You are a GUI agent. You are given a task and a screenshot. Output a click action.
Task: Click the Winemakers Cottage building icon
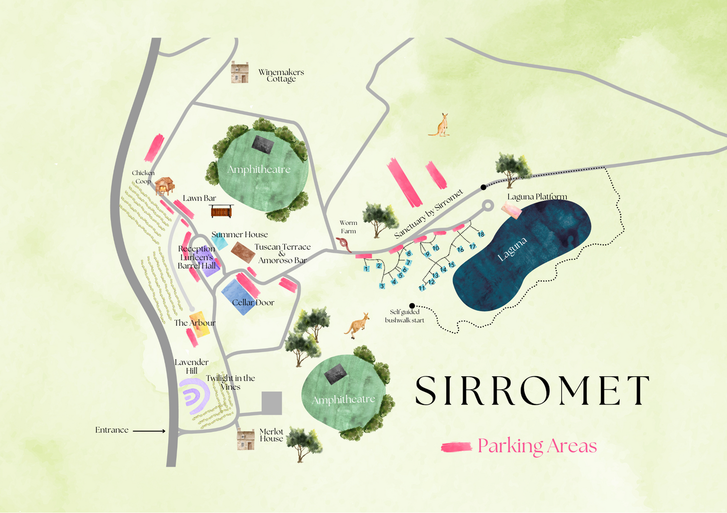239,72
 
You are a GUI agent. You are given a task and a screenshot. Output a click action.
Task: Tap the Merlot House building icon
246,440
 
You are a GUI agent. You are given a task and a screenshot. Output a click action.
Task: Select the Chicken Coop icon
164,186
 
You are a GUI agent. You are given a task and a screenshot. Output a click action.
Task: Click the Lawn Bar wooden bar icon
221,211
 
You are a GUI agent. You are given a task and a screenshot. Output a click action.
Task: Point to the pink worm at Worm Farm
345,244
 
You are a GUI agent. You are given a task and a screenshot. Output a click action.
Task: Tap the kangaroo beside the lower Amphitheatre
357,325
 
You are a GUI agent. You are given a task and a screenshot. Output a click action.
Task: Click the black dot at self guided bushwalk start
412,306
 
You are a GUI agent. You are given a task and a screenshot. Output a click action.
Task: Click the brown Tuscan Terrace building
243,252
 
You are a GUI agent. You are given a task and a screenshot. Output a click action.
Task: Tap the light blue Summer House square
220,241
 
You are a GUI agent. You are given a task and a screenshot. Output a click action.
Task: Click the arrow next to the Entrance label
149,431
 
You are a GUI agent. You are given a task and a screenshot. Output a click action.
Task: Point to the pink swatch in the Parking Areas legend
456,447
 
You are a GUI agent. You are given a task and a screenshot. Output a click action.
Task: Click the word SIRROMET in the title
532,391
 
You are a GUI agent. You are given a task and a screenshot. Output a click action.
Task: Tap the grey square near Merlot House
272,403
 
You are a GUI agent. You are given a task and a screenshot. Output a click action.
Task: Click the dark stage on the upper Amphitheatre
263,144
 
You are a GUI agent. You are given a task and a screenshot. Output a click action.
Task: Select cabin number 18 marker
481,234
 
